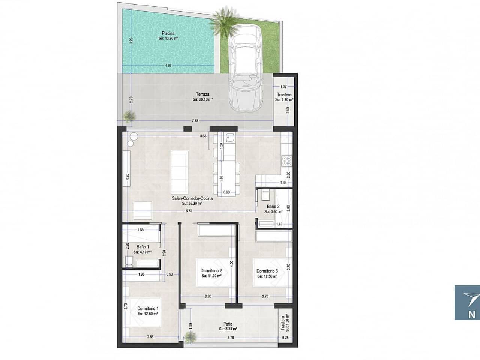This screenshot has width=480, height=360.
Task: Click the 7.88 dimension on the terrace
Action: tap(195, 121)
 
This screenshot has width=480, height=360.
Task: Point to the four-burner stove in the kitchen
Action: tap(288, 161)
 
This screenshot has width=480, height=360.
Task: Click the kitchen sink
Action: tap(229, 137)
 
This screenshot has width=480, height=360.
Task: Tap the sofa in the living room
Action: tap(179, 171)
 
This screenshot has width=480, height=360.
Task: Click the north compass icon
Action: tap(467, 303)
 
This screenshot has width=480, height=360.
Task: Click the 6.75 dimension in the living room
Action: tap(189, 211)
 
